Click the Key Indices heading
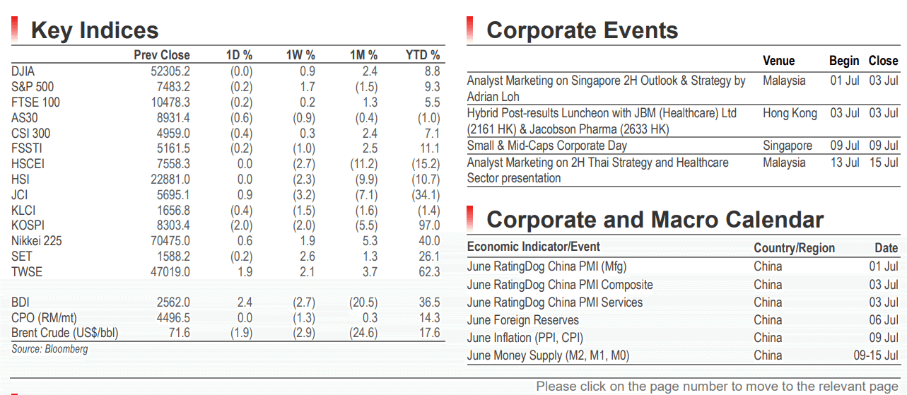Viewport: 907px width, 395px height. (x=95, y=31)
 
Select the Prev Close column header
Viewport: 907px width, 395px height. (x=162, y=55)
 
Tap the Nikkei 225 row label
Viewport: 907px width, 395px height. (x=37, y=241)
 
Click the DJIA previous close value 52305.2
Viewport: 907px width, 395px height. (x=170, y=71)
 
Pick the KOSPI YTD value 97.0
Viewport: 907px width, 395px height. (x=429, y=225)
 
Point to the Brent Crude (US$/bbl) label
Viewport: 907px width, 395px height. (x=65, y=333)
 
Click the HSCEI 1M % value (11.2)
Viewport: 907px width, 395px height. (x=363, y=164)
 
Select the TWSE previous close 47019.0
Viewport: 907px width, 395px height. (x=170, y=271)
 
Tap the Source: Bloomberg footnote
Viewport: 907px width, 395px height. (x=49, y=349)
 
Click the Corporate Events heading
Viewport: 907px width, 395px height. (x=583, y=30)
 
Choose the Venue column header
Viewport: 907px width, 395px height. (x=778, y=61)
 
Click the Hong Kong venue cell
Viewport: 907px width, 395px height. (x=790, y=113)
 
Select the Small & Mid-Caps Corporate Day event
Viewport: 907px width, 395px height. (x=546, y=146)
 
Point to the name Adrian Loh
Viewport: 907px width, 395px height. (x=493, y=97)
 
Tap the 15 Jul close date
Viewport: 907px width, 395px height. (x=884, y=163)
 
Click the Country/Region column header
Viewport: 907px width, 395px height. (x=794, y=248)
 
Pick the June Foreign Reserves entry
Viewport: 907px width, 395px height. (x=522, y=320)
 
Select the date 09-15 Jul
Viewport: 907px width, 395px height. (x=876, y=355)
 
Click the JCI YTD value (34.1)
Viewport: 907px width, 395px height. (x=426, y=194)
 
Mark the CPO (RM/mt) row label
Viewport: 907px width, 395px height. (x=44, y=318)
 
